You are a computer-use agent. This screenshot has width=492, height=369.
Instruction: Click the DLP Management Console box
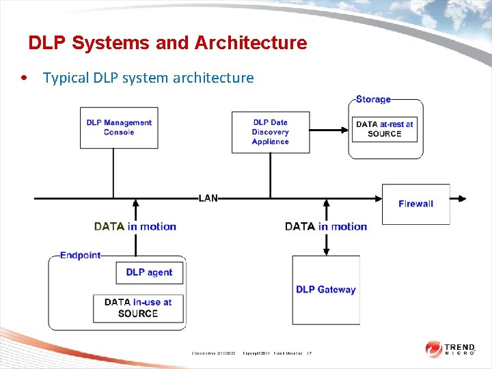(119, 127)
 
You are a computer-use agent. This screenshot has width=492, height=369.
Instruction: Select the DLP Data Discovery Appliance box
(271, 132)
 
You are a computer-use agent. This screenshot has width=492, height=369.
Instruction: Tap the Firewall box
(415, 204)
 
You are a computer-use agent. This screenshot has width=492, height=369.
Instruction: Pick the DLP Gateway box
(326, 290)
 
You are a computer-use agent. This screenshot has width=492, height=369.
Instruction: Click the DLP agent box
(149, 273)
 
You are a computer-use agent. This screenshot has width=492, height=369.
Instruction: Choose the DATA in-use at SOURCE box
(138, 308)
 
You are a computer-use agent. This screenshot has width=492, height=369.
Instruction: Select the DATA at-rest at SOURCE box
(384, 128)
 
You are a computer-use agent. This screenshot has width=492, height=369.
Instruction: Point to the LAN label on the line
(208, 198)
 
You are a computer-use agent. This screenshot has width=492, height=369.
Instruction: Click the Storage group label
(373, 100)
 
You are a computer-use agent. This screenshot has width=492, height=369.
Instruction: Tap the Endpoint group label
(80, 256)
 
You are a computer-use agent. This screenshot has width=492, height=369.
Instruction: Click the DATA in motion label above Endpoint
(135, 227)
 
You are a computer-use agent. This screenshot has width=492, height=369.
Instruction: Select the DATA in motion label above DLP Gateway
(326, 227)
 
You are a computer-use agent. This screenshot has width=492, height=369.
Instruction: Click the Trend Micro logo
(450, 348)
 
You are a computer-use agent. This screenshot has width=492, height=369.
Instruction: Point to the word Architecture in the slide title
(251, 43)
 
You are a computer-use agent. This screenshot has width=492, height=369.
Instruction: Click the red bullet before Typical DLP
(25, 77)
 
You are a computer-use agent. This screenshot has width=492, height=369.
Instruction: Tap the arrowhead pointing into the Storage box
(346, 128)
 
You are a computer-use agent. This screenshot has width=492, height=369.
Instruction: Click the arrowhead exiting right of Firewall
(462, 199)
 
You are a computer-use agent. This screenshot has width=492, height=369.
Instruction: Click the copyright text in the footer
(273, 353)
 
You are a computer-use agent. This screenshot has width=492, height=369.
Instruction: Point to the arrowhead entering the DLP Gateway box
(326, 251)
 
